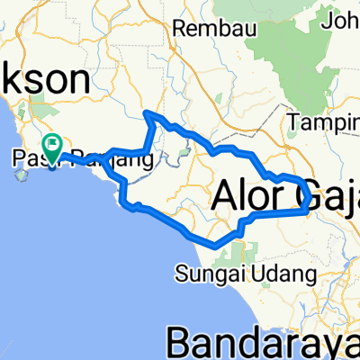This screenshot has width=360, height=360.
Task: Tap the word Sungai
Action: pyautogui.click(x=204, y=272)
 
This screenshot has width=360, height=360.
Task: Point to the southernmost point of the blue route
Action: pyautogui.click(x=213, y=244)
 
